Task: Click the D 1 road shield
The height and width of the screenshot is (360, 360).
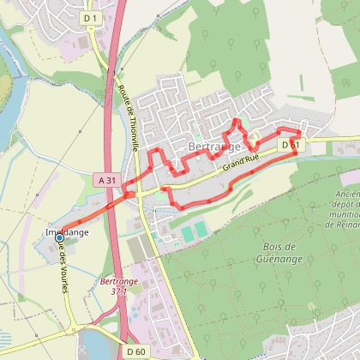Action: pyautogui.click(x=91, y=17)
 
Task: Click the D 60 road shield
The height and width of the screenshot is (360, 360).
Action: pyautogui.click(x=135, y=351)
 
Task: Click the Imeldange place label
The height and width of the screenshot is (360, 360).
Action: pyautogui.click(x=66, y=232)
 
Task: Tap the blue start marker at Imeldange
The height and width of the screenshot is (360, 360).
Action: pyautogui.click(x=61, y=240)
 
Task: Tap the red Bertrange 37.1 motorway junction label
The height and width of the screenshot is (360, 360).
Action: pyautogui.click(x=113, y=286)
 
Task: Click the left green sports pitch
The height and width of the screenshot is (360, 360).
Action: pyautogui.click(x=186, y=232)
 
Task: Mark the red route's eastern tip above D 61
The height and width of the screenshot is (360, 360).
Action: pyautogui.click(x=301, y=132)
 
